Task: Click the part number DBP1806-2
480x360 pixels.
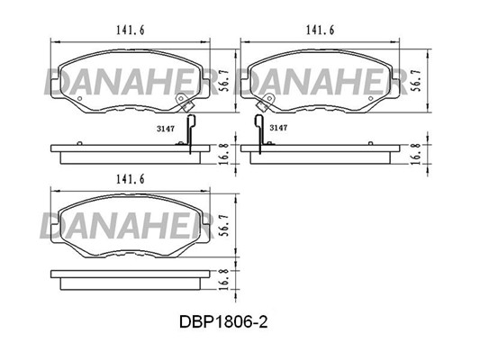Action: pos(223,322)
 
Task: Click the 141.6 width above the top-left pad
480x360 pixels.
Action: pos(130,31)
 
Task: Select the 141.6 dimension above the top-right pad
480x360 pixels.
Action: pos(321,31)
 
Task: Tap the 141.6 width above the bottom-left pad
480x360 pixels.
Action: pos(130,179)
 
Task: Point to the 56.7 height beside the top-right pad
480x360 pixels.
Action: pos(416,80)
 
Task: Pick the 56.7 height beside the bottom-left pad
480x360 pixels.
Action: pos(225,225)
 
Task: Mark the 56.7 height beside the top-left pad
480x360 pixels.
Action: pos(225,80)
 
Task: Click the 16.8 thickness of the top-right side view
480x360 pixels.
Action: pos(416,154)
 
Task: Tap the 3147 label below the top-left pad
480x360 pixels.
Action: pos(166,129)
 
